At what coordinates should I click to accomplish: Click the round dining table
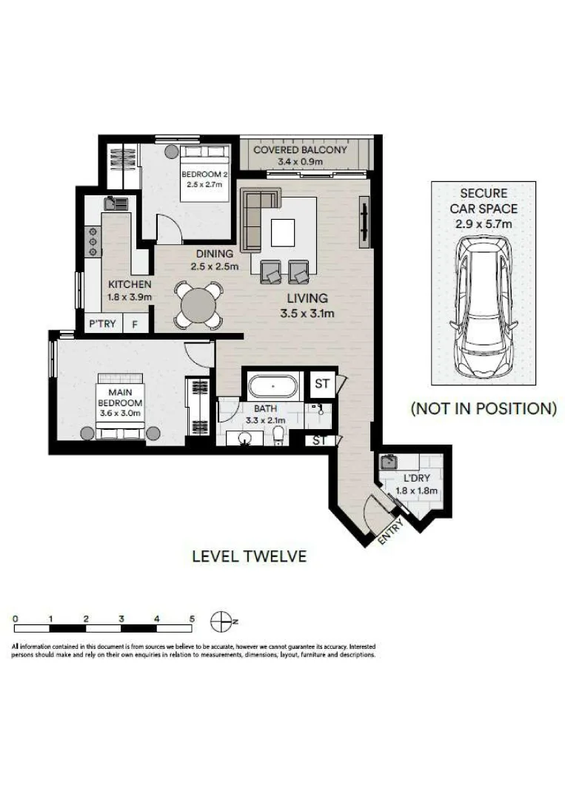click(x=198, y=305)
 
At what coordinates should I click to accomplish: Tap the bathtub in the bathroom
click(x=273, y=386)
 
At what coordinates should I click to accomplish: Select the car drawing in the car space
click(x=483, y=306)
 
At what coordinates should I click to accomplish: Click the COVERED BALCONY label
click(x=300, y=149)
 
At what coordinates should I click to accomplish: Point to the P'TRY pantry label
click(x=102, y=323)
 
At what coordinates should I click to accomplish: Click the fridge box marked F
click(x=135, y=324)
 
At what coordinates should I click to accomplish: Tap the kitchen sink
click(x=116, y=204)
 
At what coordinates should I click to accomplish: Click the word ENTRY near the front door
click(x=391, y=531)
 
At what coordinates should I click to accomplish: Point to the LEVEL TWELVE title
click(x=250, y=556)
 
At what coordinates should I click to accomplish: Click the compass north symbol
click(x=221, y=621)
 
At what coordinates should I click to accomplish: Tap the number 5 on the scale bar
click(x=193, y=618)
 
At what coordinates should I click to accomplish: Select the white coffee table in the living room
click(x=283, y=232)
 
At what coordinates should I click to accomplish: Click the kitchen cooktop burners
click(x=93, y=241)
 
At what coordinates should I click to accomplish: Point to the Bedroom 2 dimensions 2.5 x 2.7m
click(x=204, y=184)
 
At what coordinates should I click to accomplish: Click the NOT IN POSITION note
click(x=484, y=408)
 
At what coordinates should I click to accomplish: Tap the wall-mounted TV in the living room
click(x=364, y=225)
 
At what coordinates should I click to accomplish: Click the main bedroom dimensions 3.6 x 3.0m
click(x=121, y=414)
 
